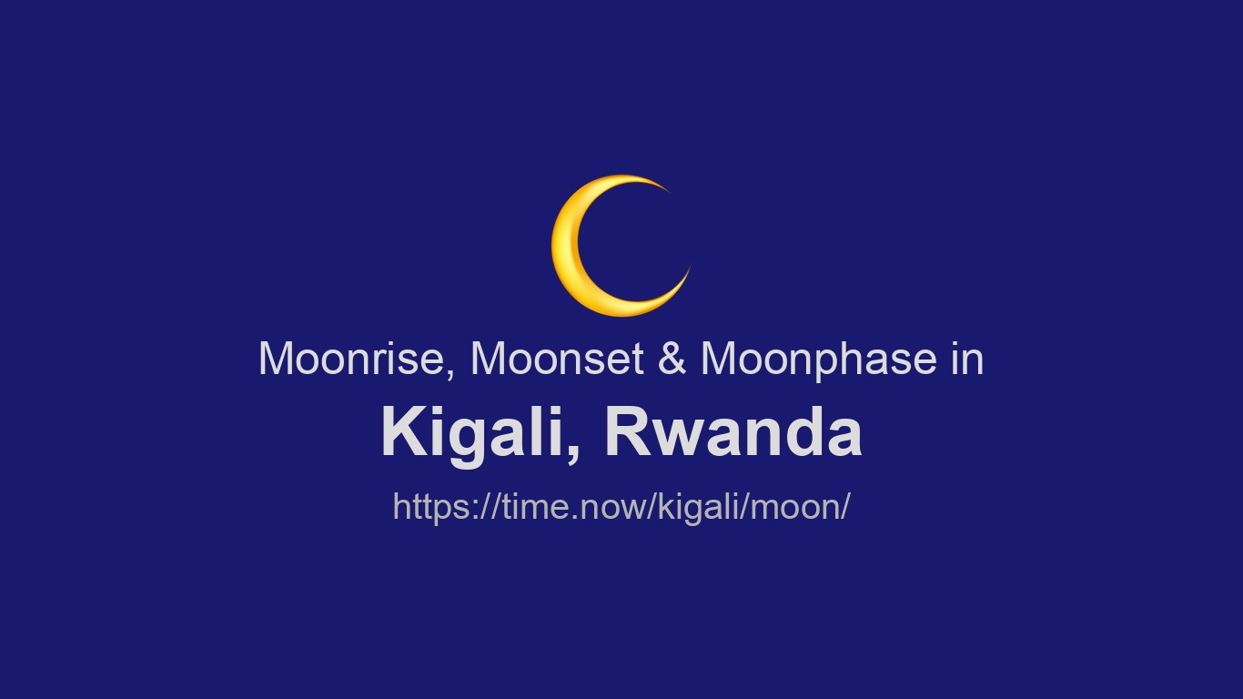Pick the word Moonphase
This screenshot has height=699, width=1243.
pyautogui.click(x=818, y=360)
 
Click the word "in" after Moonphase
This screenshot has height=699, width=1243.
pyautogui.click(x=967, y=359)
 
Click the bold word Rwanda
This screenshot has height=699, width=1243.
pyautogui.click(x=733, y=432)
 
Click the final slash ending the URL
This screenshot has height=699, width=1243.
pyautogui.click(x=844, y=506)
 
